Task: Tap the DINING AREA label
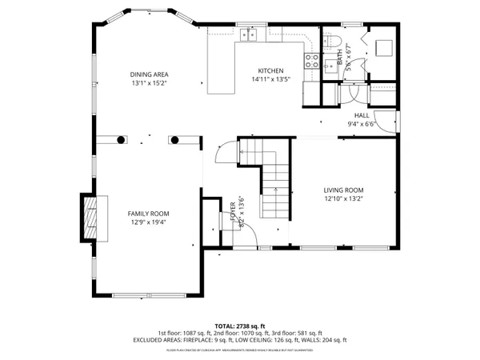[150, 74]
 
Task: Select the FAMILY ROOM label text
[149, 214]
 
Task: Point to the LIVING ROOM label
[343, 190]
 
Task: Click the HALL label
[362, 115]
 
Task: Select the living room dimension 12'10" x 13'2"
[343, 199]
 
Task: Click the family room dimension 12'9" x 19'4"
[149, 222]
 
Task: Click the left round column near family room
[121, 139]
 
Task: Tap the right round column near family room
[174, 139]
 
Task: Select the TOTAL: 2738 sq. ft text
[239, 326]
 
